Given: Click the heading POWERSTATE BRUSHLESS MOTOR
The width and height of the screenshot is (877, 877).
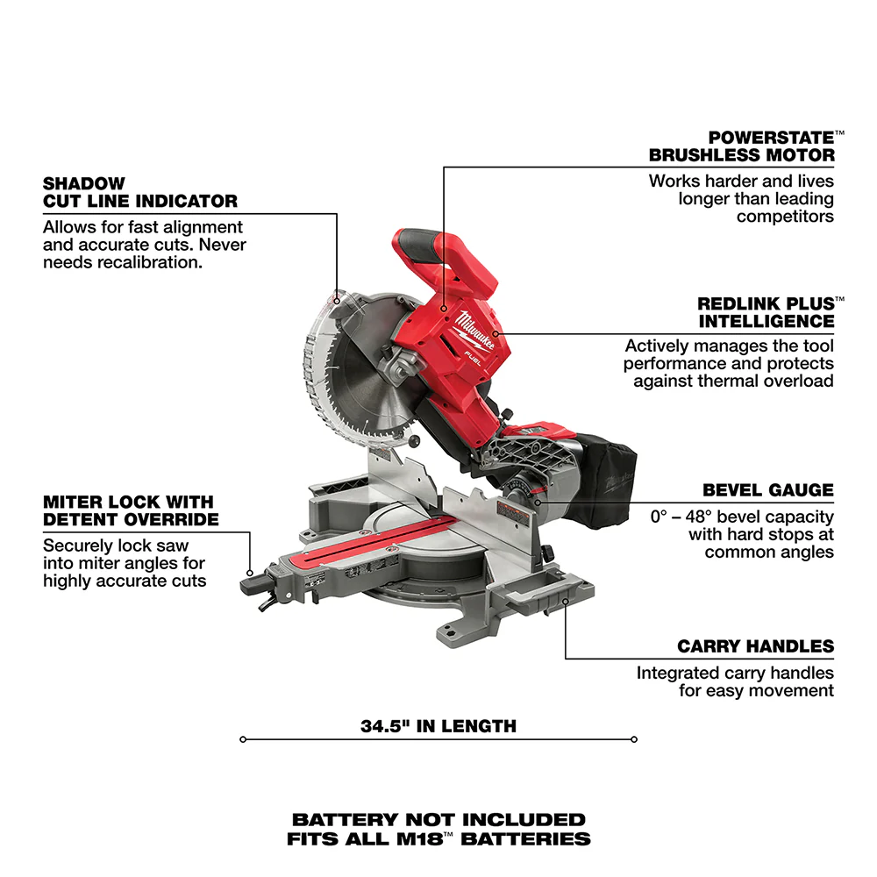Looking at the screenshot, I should pos(741,146).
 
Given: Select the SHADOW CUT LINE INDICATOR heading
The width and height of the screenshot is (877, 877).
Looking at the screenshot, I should pos(139,192).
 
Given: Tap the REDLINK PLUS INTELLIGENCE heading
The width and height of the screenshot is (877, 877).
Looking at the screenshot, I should pos(766,312).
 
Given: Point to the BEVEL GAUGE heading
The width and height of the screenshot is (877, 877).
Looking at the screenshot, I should pos(767,490).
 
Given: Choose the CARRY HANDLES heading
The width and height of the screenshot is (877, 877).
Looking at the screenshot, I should pos(755,646).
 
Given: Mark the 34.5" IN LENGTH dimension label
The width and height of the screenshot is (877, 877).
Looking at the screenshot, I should pos(438,726).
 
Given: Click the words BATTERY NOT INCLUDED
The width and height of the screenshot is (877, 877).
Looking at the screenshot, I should pos(438,820).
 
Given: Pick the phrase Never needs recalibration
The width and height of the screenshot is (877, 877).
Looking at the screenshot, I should pos(123,253).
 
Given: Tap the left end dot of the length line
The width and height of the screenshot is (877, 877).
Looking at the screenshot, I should pos(243,739).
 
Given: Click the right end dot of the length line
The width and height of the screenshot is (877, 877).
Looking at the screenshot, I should pos(633,739).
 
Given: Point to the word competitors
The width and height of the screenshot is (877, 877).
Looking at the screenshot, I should pos(785,216).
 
